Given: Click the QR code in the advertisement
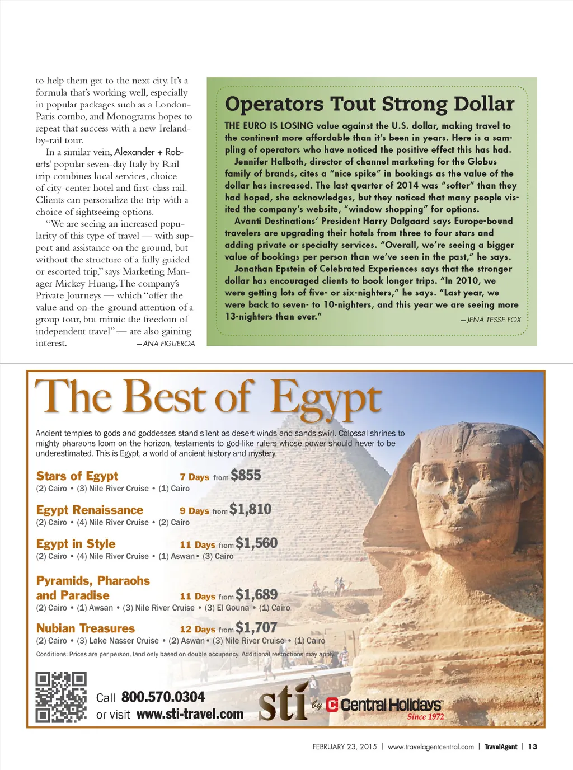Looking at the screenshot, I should coord(61,697).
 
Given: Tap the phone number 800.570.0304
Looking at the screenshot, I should coord(163,697).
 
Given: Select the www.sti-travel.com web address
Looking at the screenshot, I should coord(190,715).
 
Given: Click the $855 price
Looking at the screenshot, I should coord(246,476).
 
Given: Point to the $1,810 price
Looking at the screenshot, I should coord(250,509).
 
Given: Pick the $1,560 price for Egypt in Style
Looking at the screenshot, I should coord(256,543).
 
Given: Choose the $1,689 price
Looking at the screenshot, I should coord(256,594).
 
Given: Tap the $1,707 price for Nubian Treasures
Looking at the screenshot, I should coord(256,628).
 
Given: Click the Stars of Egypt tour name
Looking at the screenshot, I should coord(77,476).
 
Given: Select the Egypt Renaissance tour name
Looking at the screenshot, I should coord(90,510).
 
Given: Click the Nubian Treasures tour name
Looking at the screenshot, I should coord(86,628).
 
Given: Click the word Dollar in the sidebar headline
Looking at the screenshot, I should coord(484,104).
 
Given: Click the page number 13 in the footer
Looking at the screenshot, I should coord(533,746).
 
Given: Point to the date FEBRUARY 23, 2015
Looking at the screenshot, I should coord(345,746).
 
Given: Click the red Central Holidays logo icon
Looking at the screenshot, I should coord(332,705).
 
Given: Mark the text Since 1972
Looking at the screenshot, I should coord(425,717).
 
